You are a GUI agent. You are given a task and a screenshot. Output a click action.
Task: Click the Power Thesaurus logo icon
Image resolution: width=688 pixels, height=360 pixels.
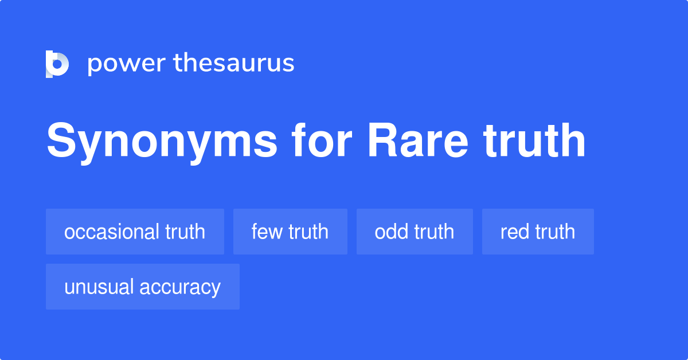point(57,64)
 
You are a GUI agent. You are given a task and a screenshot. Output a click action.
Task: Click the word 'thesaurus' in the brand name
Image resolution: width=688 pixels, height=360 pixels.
point(234,63)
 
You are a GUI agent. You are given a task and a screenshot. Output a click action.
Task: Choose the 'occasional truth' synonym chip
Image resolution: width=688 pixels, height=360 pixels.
point(135,232)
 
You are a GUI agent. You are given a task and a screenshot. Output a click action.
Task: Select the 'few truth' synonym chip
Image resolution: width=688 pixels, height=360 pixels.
point(290,232)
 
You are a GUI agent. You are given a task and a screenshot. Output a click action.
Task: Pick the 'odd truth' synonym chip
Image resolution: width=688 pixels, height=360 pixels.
point(415,232)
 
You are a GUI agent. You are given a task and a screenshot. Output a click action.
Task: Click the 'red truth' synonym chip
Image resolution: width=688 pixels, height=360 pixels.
point(538,232)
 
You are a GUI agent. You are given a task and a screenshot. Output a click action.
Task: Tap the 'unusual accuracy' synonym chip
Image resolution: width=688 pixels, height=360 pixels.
point(142,287)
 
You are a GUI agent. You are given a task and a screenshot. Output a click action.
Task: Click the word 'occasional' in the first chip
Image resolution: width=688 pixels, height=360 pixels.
point(112,232)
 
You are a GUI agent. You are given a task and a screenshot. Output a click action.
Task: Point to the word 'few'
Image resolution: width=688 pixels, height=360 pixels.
point(266,232)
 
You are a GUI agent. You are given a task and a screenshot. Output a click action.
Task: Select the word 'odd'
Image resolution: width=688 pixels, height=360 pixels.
point(388,232)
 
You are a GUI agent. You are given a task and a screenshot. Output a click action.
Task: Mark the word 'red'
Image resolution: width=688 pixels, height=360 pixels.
point(514,232)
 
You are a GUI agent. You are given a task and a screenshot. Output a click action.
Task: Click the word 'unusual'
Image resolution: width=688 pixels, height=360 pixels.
point(99,287)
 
